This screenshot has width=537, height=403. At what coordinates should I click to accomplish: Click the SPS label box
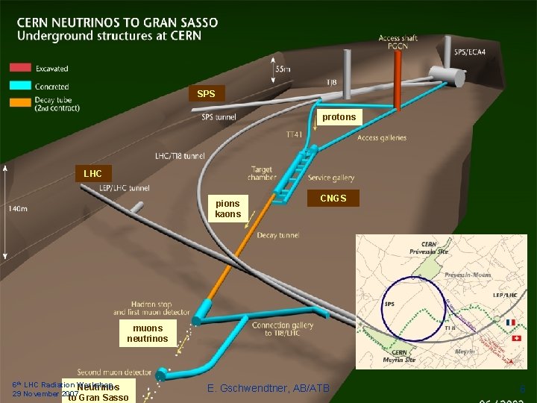point(206,94)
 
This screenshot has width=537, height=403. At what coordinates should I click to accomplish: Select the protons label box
point(339,117)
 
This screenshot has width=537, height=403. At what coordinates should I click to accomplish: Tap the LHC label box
point(93,173)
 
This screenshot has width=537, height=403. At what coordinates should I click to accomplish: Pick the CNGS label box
point(333,198)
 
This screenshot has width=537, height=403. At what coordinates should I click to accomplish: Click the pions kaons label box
point(227,208)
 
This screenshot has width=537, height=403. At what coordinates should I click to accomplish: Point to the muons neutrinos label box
point(147,333)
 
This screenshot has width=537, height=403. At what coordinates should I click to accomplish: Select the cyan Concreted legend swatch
point(20,87)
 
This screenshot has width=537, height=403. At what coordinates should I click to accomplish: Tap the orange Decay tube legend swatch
point(20,103)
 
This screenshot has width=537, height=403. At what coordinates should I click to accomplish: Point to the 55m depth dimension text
point(283,69)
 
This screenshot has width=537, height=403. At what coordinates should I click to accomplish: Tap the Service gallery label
point(330,178)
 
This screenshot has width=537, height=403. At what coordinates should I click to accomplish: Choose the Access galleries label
point(382,137)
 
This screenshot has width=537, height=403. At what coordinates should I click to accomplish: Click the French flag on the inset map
point(510,323)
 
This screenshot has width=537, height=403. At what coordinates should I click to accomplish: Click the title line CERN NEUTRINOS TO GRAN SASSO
point(119,22)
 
